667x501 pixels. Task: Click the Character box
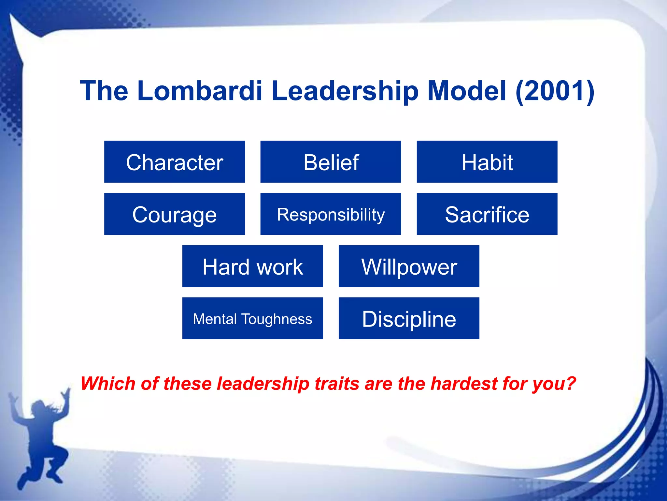[x=175, y=162]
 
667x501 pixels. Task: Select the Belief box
[x=331, y=162]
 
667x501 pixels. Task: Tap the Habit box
[x=487, y=162]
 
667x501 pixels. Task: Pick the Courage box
[x=175, y=214]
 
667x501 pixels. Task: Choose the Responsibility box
[x=331, y=214]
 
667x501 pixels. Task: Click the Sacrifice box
[x=487, y=214]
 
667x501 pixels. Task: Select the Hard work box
[x=252, y=266]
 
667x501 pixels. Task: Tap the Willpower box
[x=409, y=266]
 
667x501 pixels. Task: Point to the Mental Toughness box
[x=252, y=318]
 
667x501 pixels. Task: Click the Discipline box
[x=409, y=318]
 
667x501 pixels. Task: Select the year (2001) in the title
[x=555, y=91]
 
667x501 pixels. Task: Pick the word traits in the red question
[x=337, y=383]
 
